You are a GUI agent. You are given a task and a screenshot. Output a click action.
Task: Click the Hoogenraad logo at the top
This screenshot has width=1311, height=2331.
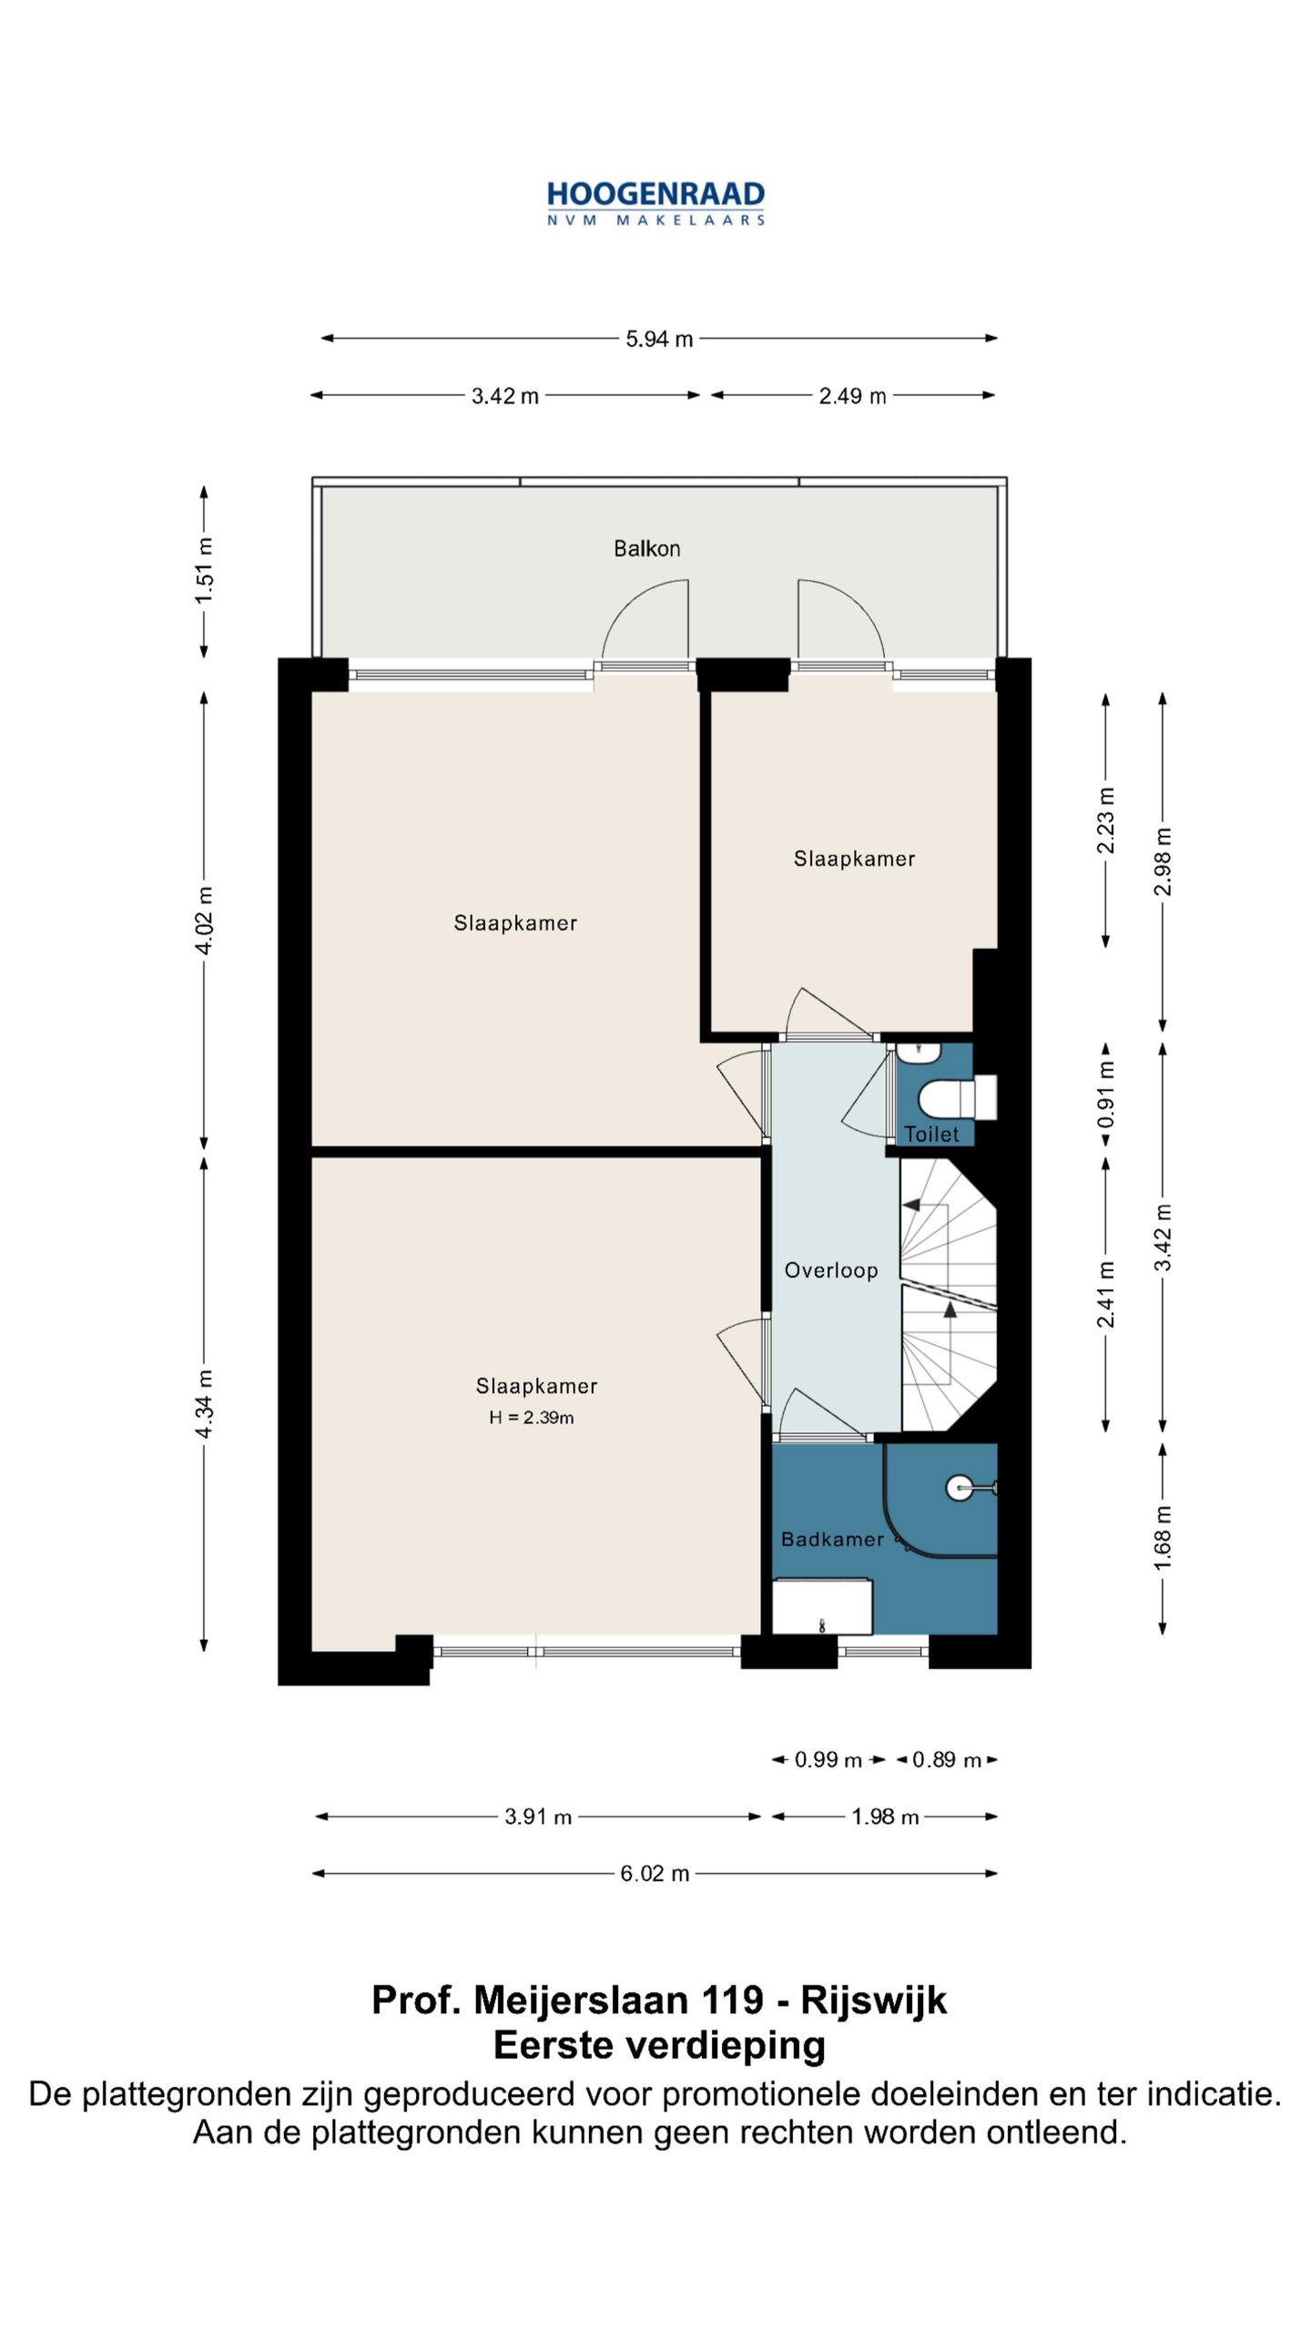point(655,203)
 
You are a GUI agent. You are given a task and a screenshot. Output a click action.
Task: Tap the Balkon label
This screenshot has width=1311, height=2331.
point(646,548)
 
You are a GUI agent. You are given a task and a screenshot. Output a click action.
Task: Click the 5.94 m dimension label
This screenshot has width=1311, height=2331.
point(659,339)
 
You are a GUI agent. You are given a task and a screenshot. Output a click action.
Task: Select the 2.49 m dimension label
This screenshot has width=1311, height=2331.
point(852,396)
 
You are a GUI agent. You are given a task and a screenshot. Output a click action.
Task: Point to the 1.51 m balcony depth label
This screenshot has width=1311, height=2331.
point(205,570)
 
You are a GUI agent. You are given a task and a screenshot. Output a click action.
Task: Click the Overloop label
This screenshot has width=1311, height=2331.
point(831,1270)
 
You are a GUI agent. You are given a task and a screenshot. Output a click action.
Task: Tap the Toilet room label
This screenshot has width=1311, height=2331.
point(931,1134)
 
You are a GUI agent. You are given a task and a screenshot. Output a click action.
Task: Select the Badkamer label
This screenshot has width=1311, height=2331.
point(832,1539)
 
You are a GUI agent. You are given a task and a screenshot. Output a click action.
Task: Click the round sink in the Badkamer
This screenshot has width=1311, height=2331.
point(960,1488)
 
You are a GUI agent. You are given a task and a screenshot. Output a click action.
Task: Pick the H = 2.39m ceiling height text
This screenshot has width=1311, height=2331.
point(532,1417)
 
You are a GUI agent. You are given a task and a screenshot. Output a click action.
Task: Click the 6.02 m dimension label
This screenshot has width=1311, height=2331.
point(655,1873)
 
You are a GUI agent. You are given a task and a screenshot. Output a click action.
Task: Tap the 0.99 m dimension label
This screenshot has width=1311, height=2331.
point(828,1759)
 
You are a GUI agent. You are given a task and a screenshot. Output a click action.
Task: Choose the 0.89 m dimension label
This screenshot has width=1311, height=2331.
point(947,1759)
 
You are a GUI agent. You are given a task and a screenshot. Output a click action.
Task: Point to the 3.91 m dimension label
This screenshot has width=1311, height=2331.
point(538,1817)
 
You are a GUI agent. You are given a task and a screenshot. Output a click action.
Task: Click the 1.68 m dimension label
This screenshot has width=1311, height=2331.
point(1163,1538)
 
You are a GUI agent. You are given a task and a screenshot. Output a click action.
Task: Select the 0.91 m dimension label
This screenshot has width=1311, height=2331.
point(1106,1094)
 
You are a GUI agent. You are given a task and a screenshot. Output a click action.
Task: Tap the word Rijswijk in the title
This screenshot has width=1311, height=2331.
point(874,2000)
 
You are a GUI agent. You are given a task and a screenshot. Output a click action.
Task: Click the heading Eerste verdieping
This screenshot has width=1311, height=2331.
point(659,2045)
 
